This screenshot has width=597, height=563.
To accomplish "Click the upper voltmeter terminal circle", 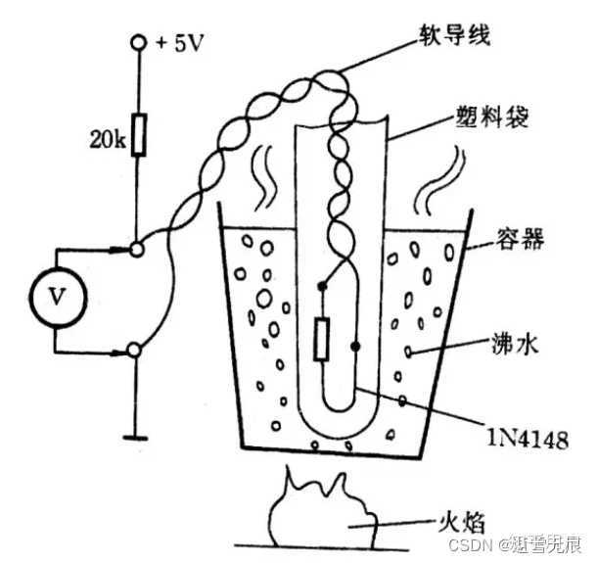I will (138, 249).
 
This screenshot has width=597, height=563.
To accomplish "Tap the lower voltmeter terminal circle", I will (138, 349).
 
